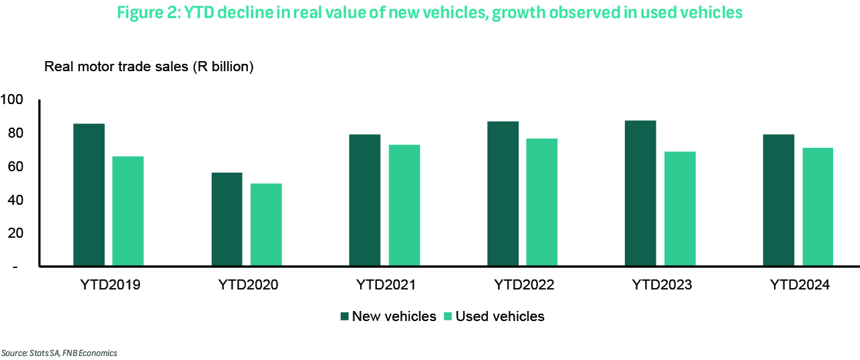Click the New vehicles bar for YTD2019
[x=89, y=195]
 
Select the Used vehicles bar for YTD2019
[x=128, y=211]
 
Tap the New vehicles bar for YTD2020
[x=226, y=219]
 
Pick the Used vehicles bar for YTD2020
[x=266, y=224]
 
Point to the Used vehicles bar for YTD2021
[x=404, y=205]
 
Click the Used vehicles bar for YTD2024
[x=818, y=207]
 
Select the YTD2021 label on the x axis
[x=386, y=285]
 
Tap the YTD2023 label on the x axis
[x=662, y=285]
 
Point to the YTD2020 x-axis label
[x=248, y=285]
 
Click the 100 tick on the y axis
[x=12, y=100]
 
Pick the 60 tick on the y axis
[x=15, y=167]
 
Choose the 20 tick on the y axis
[x=15, y=233]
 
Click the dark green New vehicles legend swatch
[x=345, y=316]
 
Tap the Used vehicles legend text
[x=500, y=316]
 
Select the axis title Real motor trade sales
[x=148, y=67]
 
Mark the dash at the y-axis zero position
[x=15, y=267]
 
